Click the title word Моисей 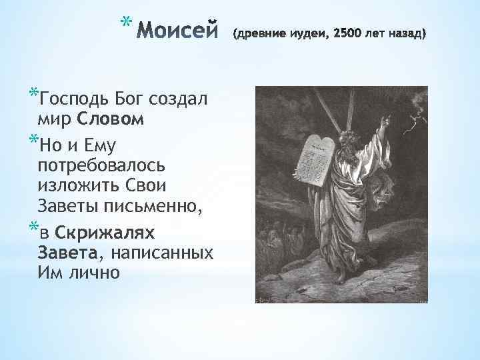[x=179, y=31]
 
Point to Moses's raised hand [x=382, y=123]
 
